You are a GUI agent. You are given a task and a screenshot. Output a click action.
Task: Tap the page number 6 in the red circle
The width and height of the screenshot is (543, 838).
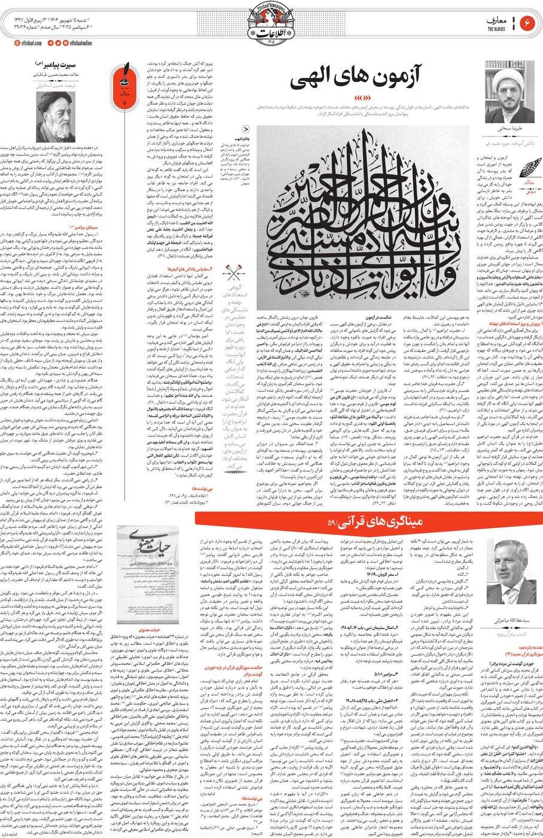(528, 23)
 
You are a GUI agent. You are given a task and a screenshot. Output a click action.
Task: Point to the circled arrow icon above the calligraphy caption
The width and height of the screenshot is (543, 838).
(245, 129)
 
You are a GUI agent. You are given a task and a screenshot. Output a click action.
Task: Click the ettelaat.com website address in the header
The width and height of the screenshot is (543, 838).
(22, 43)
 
